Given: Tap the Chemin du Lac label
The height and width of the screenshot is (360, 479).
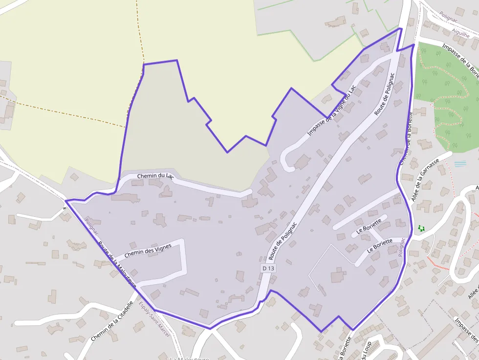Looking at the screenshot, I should (x=155, y=176).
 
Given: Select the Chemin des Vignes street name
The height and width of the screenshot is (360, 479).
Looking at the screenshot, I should (x=148, y=251).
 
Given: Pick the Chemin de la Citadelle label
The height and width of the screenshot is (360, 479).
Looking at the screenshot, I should (x=111, y=321).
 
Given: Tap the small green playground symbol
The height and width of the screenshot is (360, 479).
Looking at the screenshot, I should (x=421, y=228).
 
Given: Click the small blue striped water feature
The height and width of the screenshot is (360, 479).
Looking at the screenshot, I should (x=460, y=164).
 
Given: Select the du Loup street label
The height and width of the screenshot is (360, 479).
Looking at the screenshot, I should (x=366, y=350).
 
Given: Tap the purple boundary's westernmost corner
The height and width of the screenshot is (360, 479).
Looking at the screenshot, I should (x=66, y=201).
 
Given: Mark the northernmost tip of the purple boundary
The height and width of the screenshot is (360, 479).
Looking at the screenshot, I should (x=401, y=28).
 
